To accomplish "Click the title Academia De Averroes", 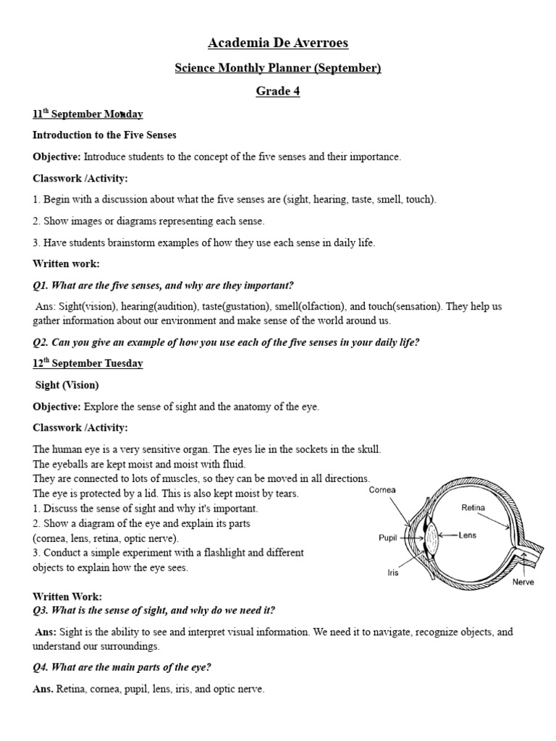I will pyautogui.click(x=278, y=43).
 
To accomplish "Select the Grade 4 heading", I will pyautogui.click(x=278, y=91).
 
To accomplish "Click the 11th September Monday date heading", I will pyautogui.click(x=88, y=114).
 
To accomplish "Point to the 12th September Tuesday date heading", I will pyautogui.click(x=88, y=363).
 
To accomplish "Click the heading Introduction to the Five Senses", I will pyautogui.click(x=104, y=135).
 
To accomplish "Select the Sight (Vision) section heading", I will pyautogui.click(x=67, y=385).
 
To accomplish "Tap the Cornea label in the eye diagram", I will pyautogui.click(x=382, y=491).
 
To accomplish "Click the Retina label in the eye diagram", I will pyautogui.click(x=474, y=508).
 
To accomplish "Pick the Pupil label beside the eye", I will pyautogui.click(x=389, y=538).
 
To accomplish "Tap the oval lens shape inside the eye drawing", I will pyautogui.click(x=432, y=538).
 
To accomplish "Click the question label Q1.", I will pyautogui.click(x=41, y=285).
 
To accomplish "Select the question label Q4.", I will pyautogui.click(x=41, y=667).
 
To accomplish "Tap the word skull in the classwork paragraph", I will pyautogui.click(x=367, y=449).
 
